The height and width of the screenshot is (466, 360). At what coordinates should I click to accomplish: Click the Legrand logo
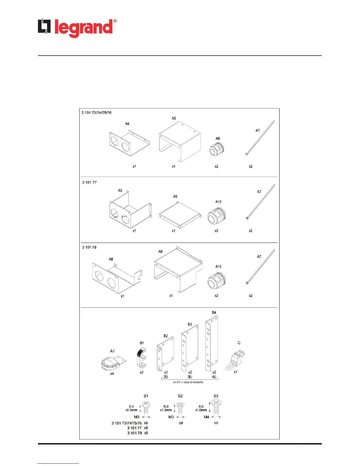(x=77, y=28)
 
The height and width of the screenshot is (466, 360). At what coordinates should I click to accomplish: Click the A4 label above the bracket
(x=127, y=124)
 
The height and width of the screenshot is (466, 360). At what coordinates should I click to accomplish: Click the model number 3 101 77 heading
(x=89, y=182)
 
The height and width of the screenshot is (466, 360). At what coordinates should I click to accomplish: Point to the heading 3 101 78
(x=89, y=247)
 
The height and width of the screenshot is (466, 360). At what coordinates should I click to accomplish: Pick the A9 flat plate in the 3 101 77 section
(x=180, y=215)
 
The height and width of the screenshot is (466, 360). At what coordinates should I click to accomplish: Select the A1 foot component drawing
(x=113, y=363)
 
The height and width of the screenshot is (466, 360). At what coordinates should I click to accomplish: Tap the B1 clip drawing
(x=141, y=358)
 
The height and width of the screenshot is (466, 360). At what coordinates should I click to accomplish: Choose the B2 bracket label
(x=166, y=336)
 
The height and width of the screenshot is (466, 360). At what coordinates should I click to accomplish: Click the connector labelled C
(x=236, y=360)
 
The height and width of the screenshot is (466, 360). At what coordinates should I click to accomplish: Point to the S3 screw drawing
(x=216, y=407)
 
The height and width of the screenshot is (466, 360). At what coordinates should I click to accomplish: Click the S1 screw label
(x=146, y=396)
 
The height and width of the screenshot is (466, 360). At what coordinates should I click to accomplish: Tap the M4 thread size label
(x=207, y=417)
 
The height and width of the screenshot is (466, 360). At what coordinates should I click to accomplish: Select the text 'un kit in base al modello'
(x=188, y=382)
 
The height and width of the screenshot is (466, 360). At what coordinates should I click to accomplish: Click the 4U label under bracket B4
(x=214, y=377)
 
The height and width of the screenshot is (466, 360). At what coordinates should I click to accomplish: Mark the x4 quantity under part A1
(x=112, y=374)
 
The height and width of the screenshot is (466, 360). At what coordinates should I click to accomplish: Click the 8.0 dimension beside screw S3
(x=201, y=406)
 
